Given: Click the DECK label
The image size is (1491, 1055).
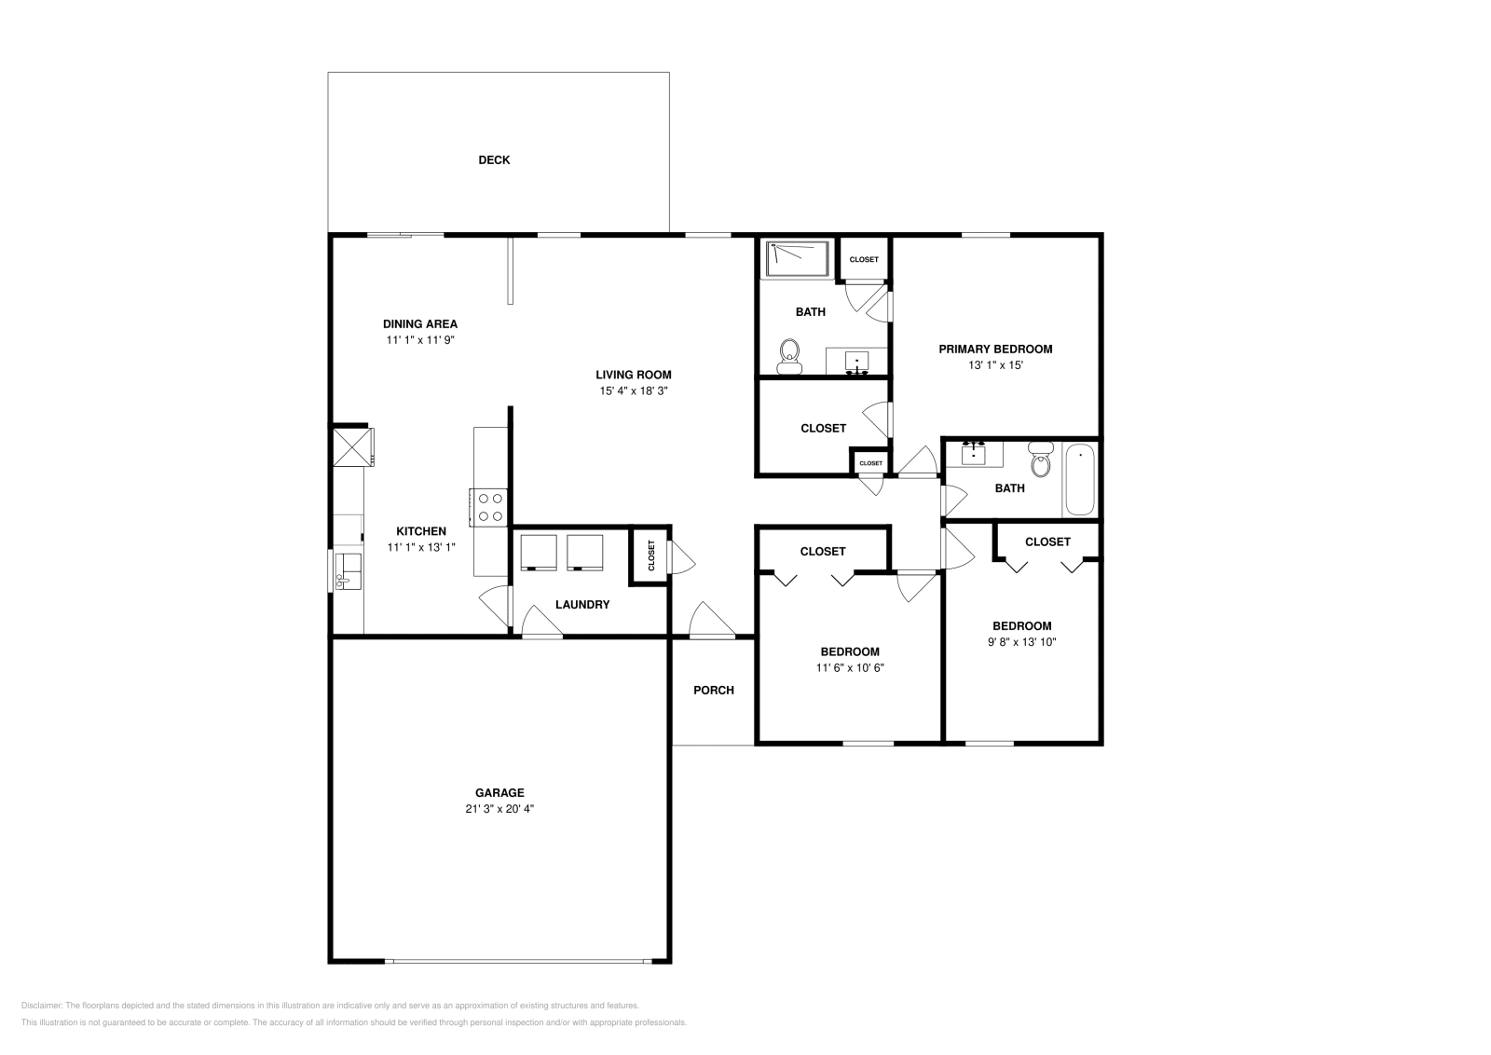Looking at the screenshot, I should [494, 160].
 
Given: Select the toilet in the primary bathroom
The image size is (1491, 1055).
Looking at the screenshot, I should [790, 356].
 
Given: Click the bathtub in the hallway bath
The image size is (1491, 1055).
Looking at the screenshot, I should [1080, 479].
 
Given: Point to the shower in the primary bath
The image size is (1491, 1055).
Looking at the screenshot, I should [797, 258].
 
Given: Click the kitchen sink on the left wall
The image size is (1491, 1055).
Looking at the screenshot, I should [349, 570].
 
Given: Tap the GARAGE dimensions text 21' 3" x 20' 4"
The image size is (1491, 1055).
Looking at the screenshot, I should [500, 809].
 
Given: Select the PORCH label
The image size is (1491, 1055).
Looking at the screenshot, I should [714, 691].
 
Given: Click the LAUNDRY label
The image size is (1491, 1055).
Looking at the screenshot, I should [582, 605].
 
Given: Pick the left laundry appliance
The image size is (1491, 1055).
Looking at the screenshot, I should [539, 552].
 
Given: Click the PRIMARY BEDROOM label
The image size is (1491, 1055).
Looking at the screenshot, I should [995, 349].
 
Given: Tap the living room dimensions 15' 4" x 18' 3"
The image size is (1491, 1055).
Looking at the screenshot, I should [634, 391].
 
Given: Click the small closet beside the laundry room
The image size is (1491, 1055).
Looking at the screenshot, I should [650, 556].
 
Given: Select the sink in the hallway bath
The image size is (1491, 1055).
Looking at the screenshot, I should [974, 453].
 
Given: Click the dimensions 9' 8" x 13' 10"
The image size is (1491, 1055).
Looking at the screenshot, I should [1022, 642].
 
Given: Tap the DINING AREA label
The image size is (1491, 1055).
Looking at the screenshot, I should [420, 324].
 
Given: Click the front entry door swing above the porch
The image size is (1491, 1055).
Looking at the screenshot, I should [711, 621].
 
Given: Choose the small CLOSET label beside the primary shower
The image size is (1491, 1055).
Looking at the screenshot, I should [864, 259].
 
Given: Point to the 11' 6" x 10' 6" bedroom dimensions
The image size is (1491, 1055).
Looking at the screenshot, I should [850, 668].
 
